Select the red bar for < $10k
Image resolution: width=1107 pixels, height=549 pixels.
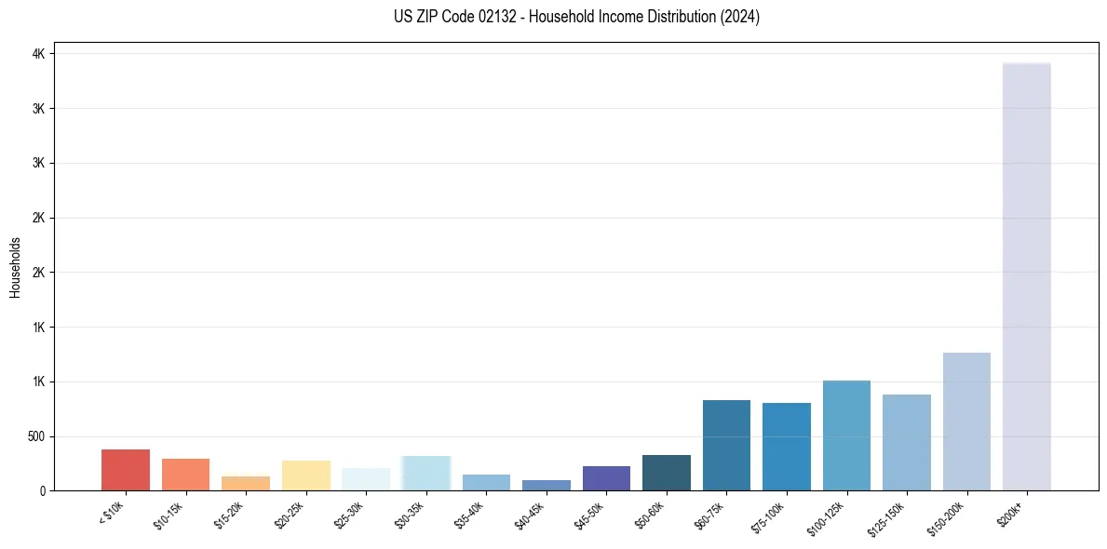point(126,470)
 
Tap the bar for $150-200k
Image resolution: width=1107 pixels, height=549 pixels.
point(966,422)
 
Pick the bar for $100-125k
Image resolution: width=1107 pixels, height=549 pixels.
point(846,435)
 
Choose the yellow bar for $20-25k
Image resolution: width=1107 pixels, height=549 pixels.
point(305,475)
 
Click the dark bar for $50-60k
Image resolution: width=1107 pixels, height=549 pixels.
point(667,473)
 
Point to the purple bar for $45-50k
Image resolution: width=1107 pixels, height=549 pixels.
point(606,478)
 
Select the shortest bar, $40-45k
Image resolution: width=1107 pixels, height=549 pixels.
point(547,485)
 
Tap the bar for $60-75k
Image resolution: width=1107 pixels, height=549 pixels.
point(726,445)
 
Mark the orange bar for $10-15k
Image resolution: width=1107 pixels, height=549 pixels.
point(185,475)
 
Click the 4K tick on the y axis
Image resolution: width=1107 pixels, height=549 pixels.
point(39,54)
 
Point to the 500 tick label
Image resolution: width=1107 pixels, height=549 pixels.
point(36,436)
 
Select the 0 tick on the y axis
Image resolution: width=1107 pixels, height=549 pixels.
point(43,490)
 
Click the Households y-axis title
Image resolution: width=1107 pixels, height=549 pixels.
point(15,267)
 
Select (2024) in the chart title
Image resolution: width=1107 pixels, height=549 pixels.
point(742,17)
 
